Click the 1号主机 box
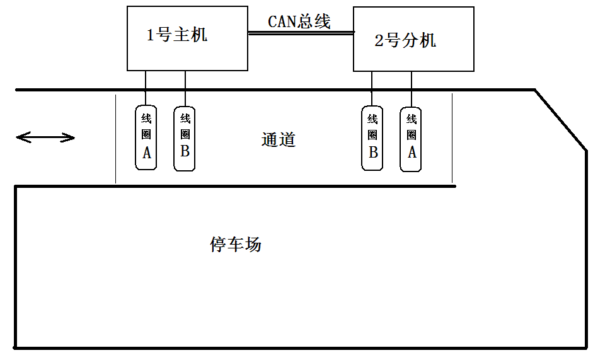click(187, 38)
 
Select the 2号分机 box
click(413, 39)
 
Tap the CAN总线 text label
click(299, 21)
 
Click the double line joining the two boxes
click(300, 33)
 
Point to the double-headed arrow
click(45, 137)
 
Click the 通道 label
click(278, 139)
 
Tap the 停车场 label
click(235, 245)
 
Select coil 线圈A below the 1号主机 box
click(146, 137)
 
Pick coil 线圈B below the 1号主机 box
click(185, 138)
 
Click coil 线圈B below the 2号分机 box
click(372, 138)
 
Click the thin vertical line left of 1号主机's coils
click(115, 139)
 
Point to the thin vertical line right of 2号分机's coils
click(452, 139)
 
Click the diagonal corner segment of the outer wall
click(561, 120)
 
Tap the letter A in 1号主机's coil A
click(147, 153)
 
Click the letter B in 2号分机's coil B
click(372, 153)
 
